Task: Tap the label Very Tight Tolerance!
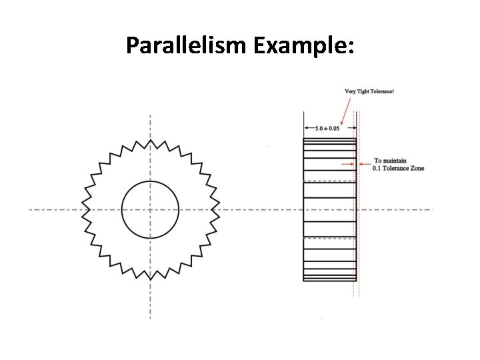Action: click(369, 91)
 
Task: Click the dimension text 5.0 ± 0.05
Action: click(327, 128)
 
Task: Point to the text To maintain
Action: click(390, 161)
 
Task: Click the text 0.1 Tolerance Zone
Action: click(398, 168)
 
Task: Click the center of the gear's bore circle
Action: click(150, 209)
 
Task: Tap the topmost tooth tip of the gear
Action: click(150, 139)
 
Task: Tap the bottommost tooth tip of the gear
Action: click(150, 279)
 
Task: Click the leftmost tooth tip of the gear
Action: click(80, 209)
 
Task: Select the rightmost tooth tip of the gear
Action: click(220, 209)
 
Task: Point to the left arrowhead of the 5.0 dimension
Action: click(305, 128)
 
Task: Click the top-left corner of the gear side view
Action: click(304, 138)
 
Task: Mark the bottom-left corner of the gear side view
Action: click(304, 281)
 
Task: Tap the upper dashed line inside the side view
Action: click(330, 181)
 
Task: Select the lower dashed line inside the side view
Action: click(330, 237)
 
